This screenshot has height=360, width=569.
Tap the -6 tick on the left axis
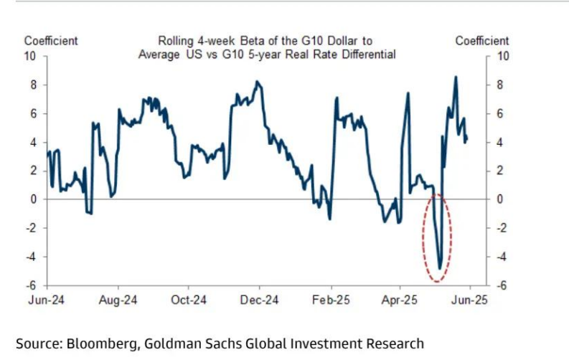(33, 285)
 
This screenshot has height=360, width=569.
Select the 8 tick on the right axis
(502, 85)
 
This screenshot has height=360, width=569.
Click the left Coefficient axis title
(51, 41)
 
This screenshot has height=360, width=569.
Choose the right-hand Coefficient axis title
(482, 41)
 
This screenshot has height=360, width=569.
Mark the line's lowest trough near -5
(440, 269)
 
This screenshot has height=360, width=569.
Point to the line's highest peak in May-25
(456, 77)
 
